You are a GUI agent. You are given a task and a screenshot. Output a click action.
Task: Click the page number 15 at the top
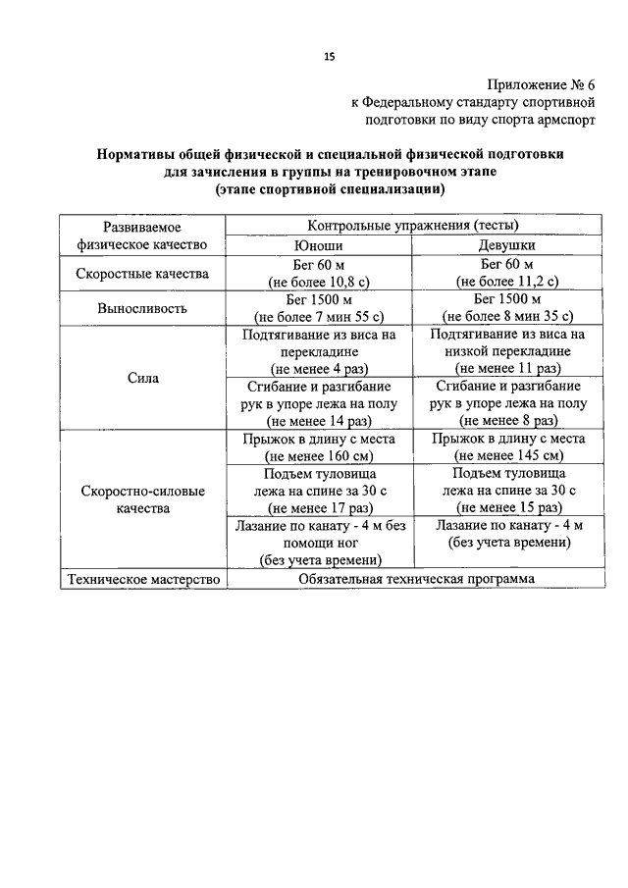point(330,56)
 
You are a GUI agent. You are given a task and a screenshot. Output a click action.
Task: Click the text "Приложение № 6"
point(542,85)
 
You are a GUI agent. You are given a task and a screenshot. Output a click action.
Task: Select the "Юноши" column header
point(318,245)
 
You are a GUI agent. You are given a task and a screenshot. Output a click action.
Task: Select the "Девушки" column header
point(507,244)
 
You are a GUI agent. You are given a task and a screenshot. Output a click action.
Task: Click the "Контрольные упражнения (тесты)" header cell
point(413,226)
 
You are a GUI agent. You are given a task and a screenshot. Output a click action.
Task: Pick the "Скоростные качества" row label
point(142,274)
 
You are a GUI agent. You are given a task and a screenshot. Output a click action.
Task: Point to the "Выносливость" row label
point(142,309)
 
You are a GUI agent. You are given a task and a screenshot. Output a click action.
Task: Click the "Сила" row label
point(142,378)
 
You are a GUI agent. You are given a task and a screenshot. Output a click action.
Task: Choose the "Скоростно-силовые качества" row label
point(142,499)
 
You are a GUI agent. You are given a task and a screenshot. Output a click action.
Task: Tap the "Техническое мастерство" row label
point(144,579)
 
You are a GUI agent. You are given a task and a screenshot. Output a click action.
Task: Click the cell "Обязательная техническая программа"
point(416,579)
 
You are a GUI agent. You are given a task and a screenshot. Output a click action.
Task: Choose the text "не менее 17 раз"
point(320,508)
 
